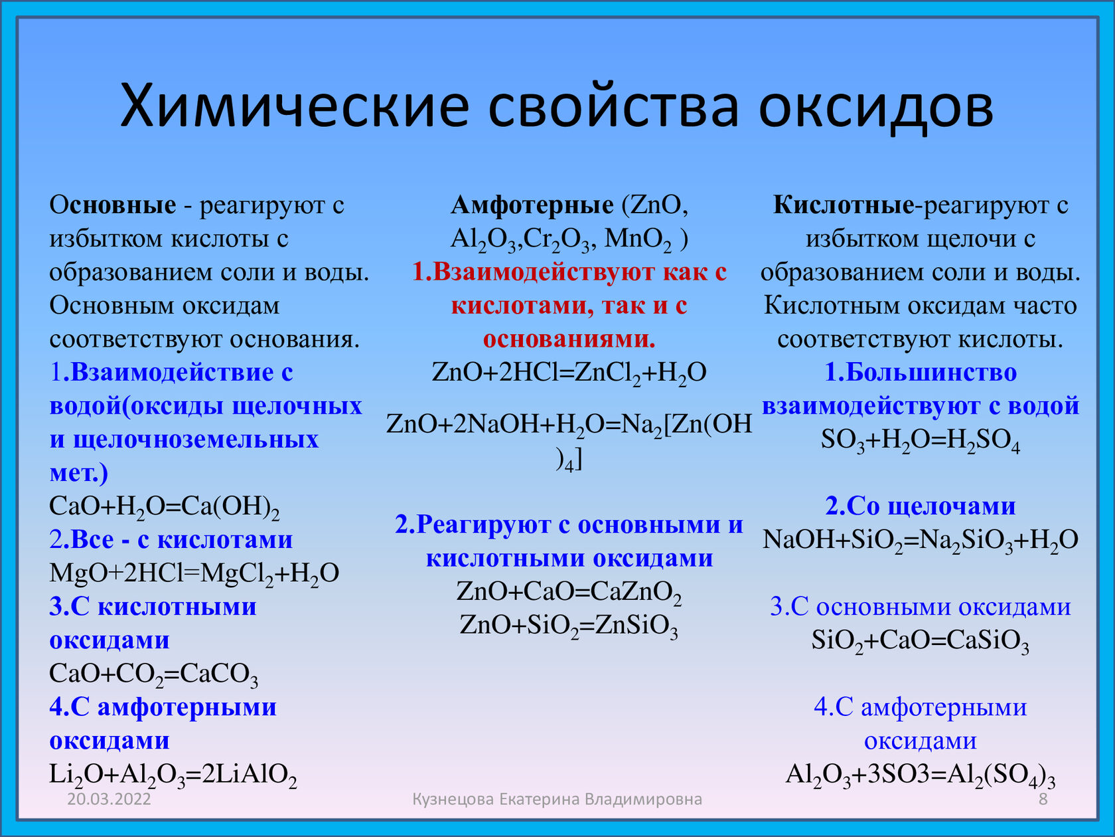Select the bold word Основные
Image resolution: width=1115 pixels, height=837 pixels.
click(113, 205)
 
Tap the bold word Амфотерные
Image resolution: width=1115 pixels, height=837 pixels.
click(532, 205)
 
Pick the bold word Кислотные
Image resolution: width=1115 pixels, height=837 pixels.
click(844, 205)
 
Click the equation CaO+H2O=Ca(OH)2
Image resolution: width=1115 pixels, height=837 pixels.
click(164, 507)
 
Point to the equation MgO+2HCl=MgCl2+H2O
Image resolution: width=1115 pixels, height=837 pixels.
click(194, 574)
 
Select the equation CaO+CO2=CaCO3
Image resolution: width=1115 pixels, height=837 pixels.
click(153, 675)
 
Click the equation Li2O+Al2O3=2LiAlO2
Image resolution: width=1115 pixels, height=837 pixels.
click(173, 775)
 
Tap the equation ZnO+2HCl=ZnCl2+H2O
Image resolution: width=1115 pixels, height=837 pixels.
click(569, 373)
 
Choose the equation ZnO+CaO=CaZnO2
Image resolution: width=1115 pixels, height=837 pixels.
click(569, 592)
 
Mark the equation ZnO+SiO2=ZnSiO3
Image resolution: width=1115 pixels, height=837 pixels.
click(569, 626)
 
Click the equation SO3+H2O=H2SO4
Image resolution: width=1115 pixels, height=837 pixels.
click(921, 440)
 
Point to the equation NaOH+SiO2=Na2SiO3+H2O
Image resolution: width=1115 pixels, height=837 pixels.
click(921, 540)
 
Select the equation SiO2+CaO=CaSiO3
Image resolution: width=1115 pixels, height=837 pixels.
click(921, 641)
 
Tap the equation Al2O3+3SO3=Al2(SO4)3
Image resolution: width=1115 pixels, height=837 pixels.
click(921, 775)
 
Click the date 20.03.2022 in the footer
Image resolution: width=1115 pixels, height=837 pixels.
click(110, 799)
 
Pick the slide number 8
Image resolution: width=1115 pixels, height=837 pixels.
click(1043, 799)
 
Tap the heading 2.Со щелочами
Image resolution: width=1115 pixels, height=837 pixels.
click(921, 507)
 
